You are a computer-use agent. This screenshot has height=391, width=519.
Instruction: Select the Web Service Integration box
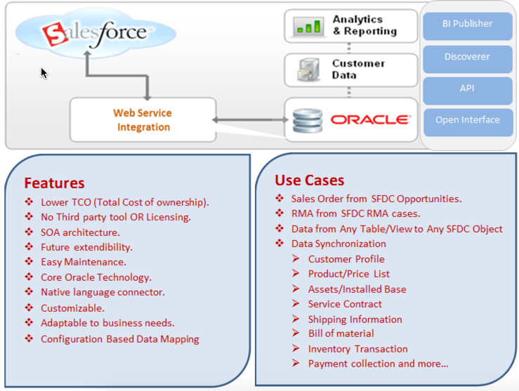coord(143,120)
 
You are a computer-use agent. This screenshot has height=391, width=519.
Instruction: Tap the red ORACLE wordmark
coord(369,119)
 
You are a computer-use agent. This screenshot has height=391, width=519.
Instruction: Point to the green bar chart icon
coord(308,27)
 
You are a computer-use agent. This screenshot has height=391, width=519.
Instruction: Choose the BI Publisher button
coord(467,25)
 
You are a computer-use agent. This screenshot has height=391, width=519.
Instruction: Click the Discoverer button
coord(467,57)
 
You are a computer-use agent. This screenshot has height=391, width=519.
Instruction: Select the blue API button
coord(467,89)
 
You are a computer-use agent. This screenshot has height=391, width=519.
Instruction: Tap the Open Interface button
coord(467,121)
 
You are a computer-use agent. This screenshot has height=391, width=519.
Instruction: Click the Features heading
coord(54,183)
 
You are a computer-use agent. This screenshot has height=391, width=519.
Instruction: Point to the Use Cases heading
coord(309,180)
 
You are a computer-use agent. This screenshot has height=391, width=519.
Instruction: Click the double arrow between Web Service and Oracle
coord(249,121)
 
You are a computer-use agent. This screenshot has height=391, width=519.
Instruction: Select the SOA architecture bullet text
coord(80,232)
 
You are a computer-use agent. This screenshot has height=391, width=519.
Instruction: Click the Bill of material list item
coord(341,333)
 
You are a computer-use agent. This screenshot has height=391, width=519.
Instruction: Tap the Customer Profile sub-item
coord(346,259)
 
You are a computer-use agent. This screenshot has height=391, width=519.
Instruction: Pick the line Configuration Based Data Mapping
coord(119,339)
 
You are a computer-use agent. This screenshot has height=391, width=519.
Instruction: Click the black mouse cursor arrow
coord(44,73)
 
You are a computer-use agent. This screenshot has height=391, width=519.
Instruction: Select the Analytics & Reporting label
coord(364,25)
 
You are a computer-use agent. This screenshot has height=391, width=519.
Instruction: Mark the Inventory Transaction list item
coord(357,349)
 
